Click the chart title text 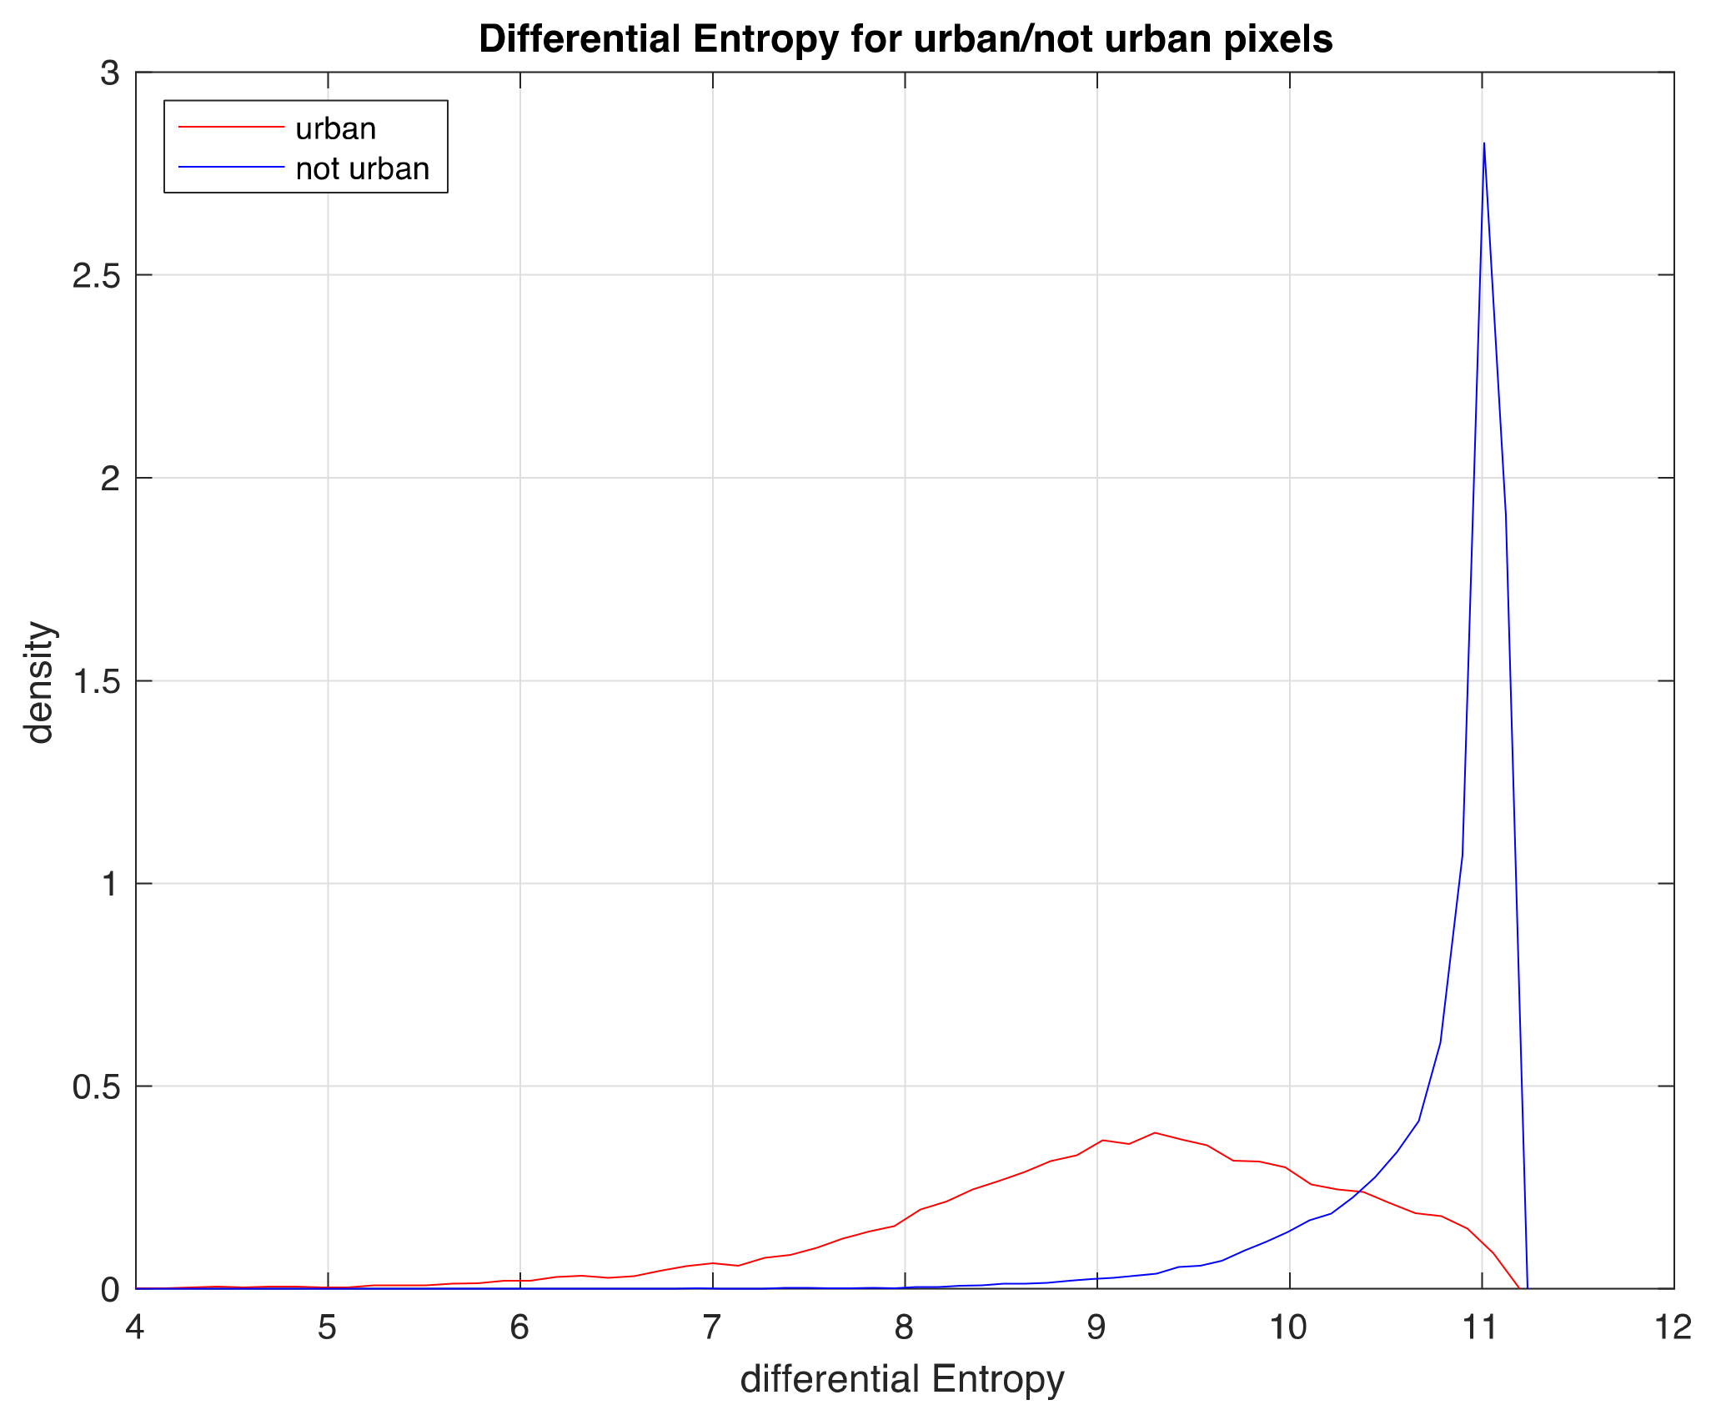click(x=906, y=39)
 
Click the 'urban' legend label click(x=335, y=128)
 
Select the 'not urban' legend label click(x=362, y=168)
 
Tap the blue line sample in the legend click(x=231, y=168)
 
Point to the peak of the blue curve click(x=1484, y=143)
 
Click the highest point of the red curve click(x=1155, y=1132)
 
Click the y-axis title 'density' click(x=39, y=681)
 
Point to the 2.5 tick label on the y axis click(x=96, y=276)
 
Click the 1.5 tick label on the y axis click(x=96, y=681)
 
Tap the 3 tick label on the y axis click(x=110, y=73)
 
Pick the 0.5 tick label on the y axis click(x=96, y=1086)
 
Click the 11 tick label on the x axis click(x=1482, y=1327)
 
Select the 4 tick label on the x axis click(x=136, y=1327)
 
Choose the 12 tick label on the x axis click(x=1673, y=1327)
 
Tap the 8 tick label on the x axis click(x=905, y=1327)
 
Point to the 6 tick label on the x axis click(x=520, y=1327)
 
